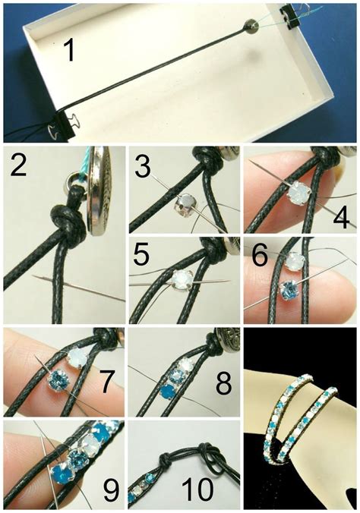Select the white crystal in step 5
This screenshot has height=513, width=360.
pos(181,280)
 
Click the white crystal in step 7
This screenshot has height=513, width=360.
pos(79,356)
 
